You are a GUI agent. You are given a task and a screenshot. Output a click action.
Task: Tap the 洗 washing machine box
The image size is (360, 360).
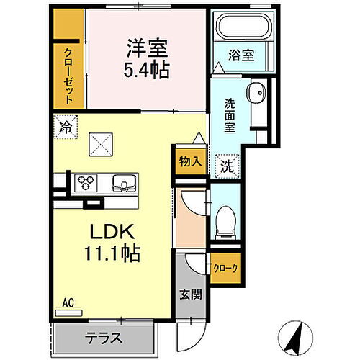(226, 164)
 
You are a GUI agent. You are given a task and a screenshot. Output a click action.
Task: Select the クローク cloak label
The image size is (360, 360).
(225, 268)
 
